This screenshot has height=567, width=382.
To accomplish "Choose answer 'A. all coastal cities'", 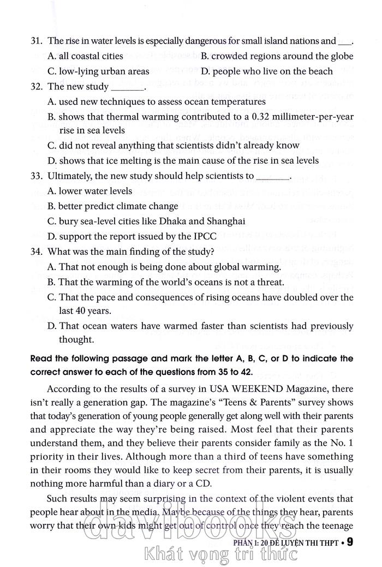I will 86,56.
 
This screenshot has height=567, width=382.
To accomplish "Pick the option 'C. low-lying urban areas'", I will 98,71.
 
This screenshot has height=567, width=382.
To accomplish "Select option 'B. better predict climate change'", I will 113,206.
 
